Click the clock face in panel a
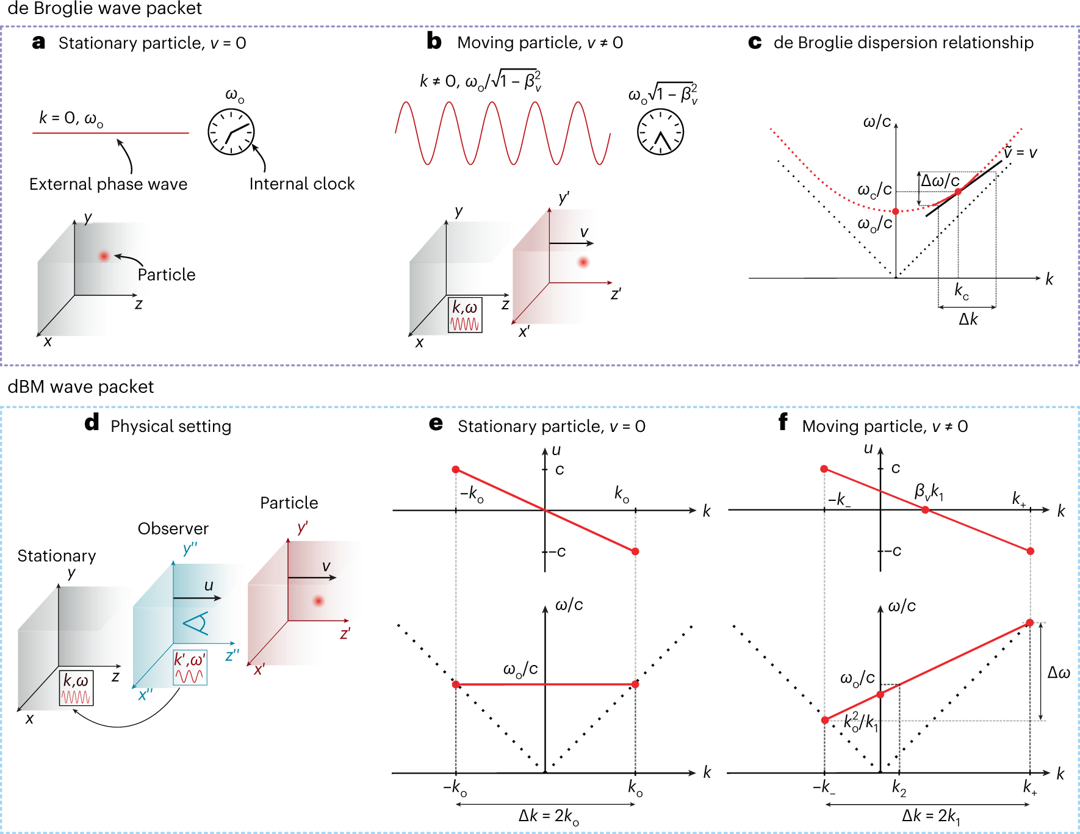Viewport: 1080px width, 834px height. point(231,132)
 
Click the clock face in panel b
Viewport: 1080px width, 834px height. point(660,132)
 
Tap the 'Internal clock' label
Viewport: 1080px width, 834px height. point(302,184)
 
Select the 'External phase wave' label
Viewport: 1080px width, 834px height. point(108,184)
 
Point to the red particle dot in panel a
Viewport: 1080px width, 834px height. point(104,256)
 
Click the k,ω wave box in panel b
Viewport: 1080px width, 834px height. point(465,315)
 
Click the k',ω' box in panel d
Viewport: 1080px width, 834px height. point(190,667)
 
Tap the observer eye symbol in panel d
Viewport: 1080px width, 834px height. point(196,623)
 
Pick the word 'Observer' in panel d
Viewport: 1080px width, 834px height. point(173,528)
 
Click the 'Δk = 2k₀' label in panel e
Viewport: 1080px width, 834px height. point(548,817)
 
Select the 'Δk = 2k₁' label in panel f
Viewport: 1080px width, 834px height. point(931,817)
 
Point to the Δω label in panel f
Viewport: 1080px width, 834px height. point(1059,673)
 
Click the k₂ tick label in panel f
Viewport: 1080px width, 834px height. point(899,788)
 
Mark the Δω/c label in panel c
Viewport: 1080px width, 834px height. point(940,181)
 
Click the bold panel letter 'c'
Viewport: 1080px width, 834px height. point(755,42)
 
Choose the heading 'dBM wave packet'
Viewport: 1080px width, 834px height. point(81,387)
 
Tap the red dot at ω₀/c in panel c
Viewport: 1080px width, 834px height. point(895,211)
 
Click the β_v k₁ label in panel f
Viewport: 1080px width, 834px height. point(929,491)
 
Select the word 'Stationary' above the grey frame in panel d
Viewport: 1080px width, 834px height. point(57,556)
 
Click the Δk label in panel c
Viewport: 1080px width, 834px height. point(968,319)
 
